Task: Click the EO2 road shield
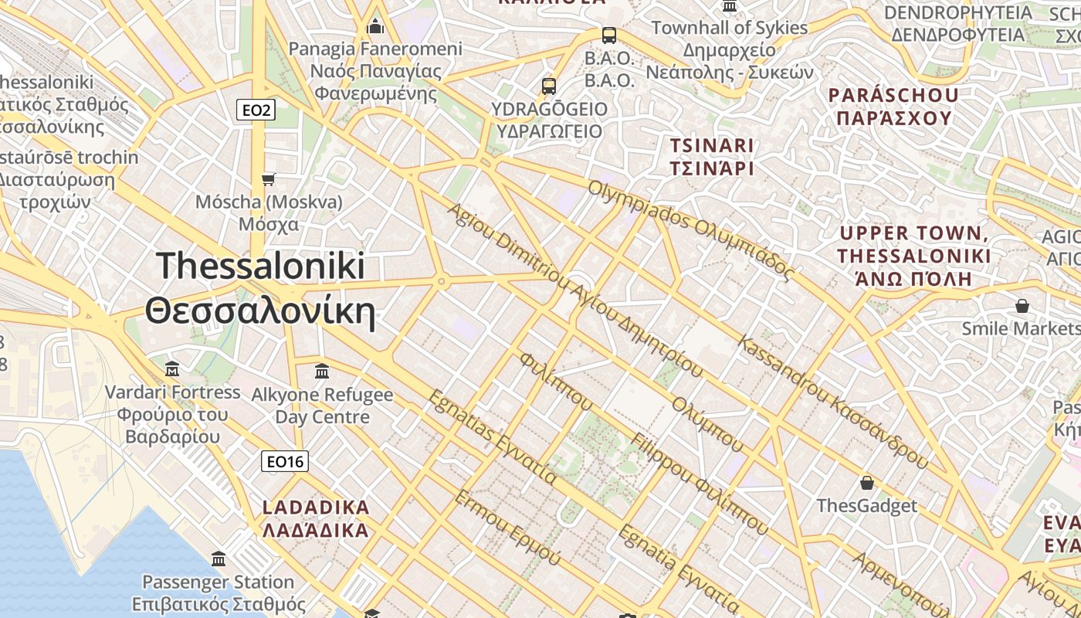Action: [x=256, y=110]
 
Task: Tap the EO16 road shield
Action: [x=284, y=462]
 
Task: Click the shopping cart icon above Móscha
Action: [x=268, y=179]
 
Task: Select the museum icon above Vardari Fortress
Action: [x=172, y=369]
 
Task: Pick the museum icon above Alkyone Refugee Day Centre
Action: [x=322, y=372]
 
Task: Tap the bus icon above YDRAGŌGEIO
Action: [x=549, y=86]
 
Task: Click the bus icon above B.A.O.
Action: [x=609, y=35]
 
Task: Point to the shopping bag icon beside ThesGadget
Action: [x=867, y=484]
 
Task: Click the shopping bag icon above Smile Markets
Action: [x=1022, y=306]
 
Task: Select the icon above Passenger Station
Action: [x=219, y=559]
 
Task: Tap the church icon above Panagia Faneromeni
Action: [x=376, y=27]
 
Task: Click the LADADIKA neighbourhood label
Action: [x=316, y=519]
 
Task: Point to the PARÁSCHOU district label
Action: [x=893, y=107]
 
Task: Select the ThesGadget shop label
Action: [x=867, y=506]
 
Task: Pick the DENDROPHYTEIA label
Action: [x=957, y=23]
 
